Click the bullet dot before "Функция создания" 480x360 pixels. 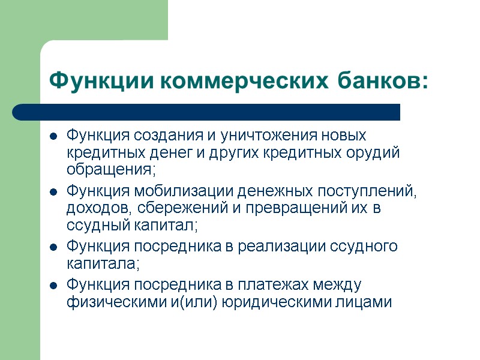[53, 135]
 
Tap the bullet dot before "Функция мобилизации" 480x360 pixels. [53, 193]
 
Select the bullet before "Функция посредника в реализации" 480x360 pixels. [53, 247]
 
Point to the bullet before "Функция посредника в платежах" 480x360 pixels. [53, 285]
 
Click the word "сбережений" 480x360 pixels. [178, 209]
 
